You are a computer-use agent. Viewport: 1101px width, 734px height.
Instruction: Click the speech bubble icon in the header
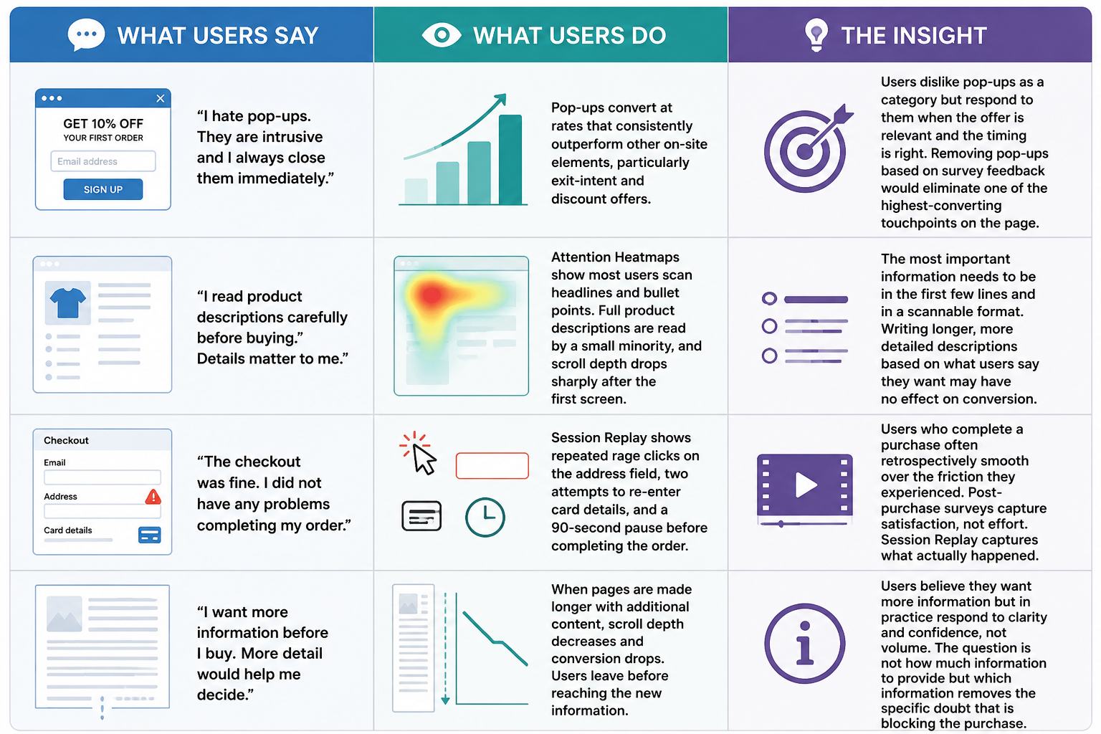tap(86, 34)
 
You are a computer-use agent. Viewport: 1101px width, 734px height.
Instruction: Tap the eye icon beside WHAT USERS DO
tap(442, 35)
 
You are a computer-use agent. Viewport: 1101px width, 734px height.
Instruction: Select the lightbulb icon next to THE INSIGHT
tap(816, 34)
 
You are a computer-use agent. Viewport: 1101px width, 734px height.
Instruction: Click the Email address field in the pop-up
tap(103, 161)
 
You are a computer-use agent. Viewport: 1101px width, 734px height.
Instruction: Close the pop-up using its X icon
tap(161, 98)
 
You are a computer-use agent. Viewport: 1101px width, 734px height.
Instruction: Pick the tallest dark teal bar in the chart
tap(510, 159)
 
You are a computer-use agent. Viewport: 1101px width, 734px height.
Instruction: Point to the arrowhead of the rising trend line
tap(501, 98)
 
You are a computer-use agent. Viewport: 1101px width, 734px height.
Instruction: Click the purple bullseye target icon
tap(807, 148)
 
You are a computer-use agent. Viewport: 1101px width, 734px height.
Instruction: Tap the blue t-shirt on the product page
tap(68, 302)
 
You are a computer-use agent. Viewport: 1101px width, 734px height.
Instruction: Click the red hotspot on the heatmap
tap(431, 295)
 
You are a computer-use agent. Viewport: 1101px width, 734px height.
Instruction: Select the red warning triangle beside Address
tap(153, 497)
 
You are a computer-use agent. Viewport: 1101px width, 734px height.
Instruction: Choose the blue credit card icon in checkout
tap(149, 535)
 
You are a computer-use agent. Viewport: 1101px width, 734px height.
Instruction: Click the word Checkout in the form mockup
tap(67, 441)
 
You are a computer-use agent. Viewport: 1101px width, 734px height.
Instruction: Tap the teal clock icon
tap(485, 518)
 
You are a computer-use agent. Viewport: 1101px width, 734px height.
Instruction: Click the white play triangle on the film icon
tap(805, 485)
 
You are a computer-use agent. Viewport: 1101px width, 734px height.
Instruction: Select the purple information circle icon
tap(805, 644)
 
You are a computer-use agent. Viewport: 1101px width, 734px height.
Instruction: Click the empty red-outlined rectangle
tap(492, 466)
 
